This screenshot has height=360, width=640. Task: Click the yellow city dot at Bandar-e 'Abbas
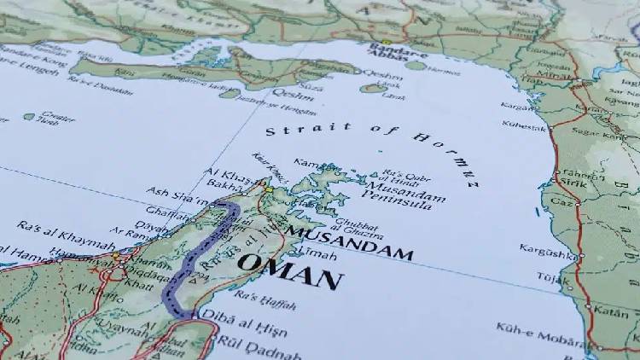386,41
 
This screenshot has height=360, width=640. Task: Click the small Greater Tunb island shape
29,117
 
